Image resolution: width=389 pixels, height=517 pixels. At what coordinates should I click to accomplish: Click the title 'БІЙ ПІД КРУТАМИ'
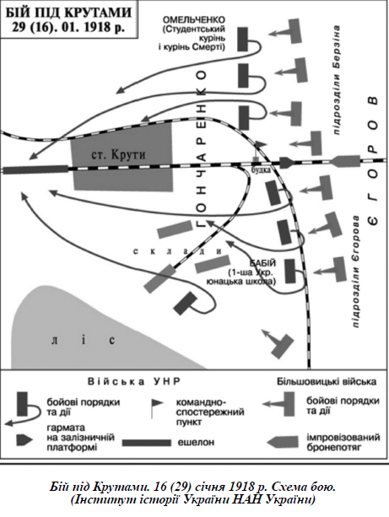69,12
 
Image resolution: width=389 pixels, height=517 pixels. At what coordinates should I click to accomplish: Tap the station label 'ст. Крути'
118,154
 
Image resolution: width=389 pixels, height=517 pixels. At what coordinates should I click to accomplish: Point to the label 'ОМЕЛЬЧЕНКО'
194,19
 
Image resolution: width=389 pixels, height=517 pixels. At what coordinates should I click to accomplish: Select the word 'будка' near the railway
261,170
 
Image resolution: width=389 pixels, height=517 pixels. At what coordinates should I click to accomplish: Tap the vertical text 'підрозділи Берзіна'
337,80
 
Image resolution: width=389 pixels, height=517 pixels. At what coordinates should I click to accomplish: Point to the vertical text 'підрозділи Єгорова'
356,272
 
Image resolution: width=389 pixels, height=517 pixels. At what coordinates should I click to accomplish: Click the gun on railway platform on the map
286,163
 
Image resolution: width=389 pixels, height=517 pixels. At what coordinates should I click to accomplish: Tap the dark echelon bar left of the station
35,170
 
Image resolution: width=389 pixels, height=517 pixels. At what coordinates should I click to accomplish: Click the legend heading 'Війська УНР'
134,382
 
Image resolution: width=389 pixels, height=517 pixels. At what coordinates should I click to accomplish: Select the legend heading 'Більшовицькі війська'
327,381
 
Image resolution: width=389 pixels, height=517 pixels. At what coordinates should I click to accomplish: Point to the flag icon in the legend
156,408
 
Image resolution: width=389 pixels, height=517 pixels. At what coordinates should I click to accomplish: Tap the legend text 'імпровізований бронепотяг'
343,442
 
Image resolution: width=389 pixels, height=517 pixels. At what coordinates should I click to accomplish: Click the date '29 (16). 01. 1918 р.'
69,27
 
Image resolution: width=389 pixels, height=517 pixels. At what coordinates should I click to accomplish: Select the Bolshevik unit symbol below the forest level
277,343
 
